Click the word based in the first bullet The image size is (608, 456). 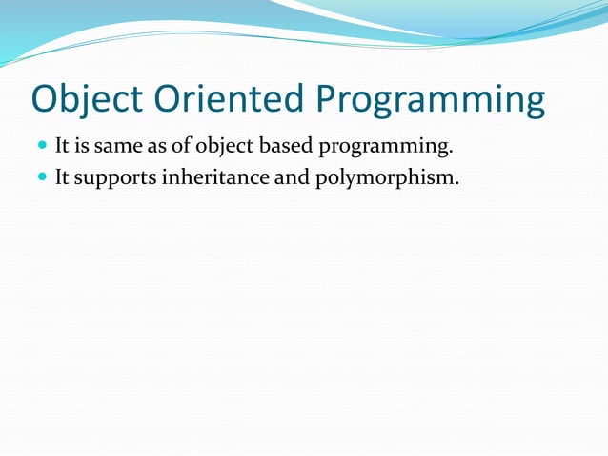point(283,147)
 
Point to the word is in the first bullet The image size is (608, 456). point(85,147)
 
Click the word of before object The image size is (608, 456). point(181,147)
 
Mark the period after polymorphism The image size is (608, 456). point(456,182)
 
